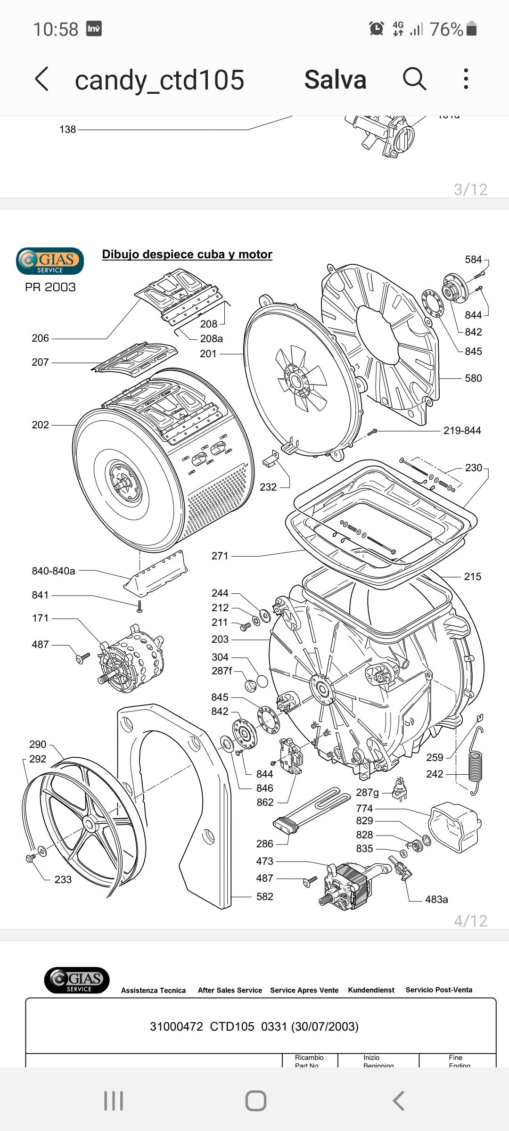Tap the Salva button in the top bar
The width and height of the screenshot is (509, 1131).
[x=335, y=80]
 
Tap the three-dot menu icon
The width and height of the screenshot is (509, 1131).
[x=466, y=79]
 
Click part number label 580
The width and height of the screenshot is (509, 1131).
[x=473, y=378]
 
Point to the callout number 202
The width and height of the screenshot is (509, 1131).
[x=40, y=425]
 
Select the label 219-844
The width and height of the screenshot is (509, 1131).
[x=462, y=430]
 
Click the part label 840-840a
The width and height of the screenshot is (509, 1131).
[x=53, y=571]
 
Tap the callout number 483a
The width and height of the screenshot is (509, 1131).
[x=436, y=899]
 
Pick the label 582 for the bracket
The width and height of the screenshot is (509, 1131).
[x=264, y=896]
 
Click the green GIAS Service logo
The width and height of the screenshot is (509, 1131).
[x=50, y=261]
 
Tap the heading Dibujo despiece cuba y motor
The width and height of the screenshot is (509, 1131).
[x=187, y=254]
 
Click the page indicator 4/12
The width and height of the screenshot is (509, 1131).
[x=470, y=920]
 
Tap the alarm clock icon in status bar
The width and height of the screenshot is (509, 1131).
[x=376, y=29]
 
